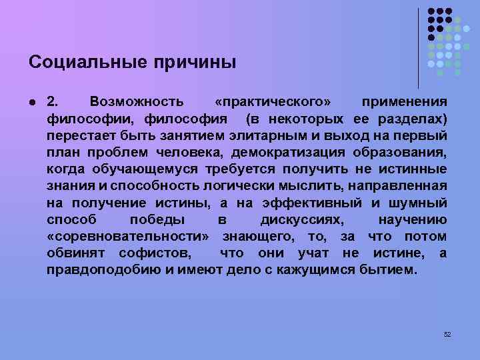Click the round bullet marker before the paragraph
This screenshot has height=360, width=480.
point(33,101)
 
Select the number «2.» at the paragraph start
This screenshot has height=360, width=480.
point(53,101)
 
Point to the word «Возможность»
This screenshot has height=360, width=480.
point(137,101)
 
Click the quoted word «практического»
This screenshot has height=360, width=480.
point(273,101)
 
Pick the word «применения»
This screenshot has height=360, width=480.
point(404,101)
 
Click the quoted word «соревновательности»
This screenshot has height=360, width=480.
point(128,237)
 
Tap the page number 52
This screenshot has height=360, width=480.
point(447,333)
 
